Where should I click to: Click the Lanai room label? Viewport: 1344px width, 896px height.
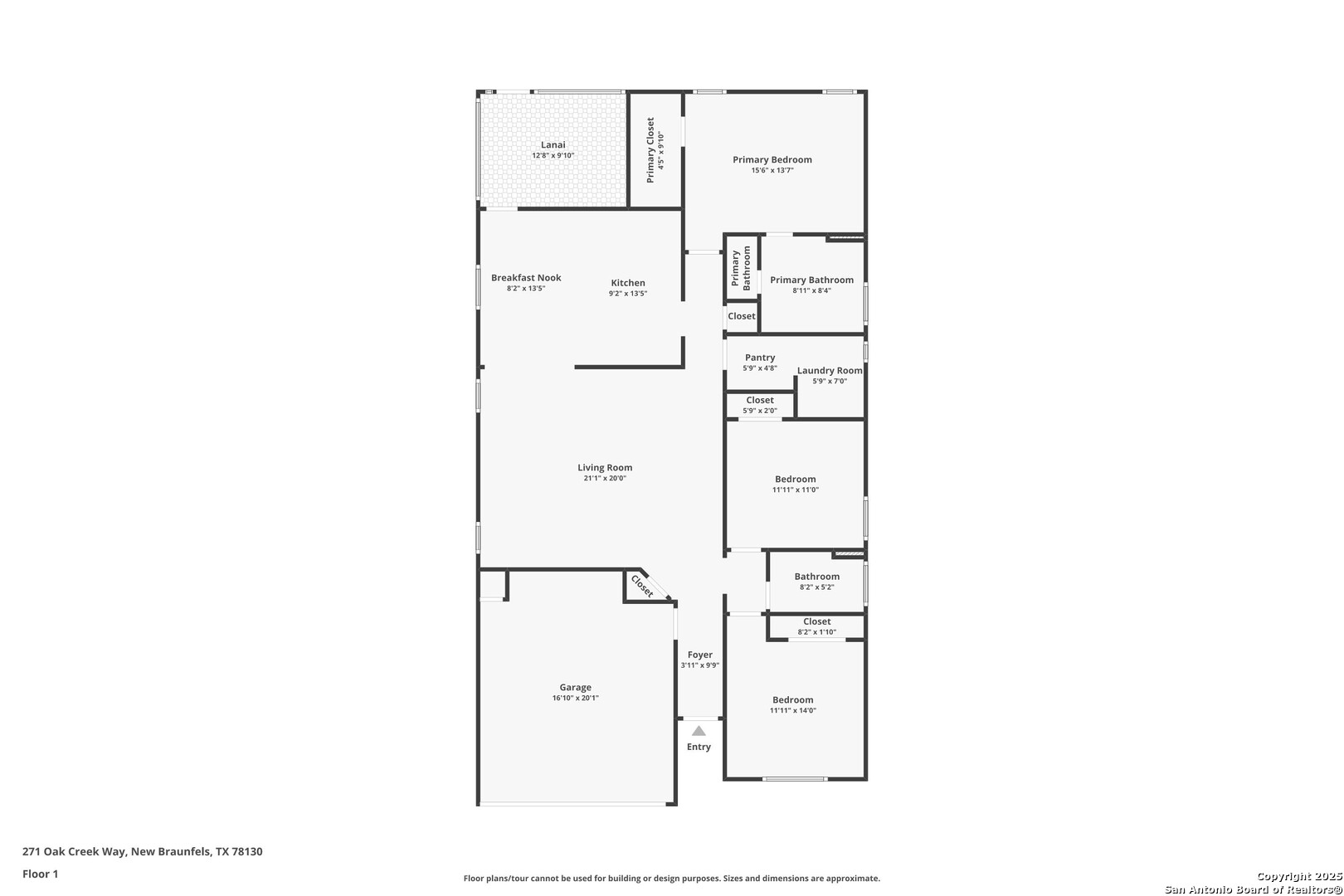553,144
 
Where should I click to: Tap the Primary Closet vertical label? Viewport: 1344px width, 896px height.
650,150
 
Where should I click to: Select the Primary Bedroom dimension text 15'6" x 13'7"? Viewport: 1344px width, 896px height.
772,170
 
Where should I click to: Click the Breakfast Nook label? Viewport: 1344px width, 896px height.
526,278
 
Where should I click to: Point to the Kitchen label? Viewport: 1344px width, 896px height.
627,283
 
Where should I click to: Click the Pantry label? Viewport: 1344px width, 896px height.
760,358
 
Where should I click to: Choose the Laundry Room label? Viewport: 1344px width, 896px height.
830,371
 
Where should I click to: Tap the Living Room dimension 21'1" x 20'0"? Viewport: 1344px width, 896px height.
605,479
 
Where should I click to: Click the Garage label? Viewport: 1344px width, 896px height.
576,688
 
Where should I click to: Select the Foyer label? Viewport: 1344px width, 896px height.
699,655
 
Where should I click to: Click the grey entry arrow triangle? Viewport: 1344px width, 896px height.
699,731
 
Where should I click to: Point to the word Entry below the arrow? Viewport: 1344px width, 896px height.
699,747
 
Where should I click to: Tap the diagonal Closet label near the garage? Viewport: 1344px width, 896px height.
642,587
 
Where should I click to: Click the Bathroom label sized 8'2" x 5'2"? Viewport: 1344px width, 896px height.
816,577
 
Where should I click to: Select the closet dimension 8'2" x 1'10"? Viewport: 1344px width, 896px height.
816,632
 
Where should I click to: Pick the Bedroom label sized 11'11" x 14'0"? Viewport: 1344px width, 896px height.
792,700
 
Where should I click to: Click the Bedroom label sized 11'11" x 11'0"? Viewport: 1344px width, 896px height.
795,480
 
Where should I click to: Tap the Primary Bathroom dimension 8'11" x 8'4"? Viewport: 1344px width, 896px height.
811,290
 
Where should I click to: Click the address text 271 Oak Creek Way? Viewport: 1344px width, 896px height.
74,851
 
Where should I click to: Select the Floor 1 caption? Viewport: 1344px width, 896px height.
40,874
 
